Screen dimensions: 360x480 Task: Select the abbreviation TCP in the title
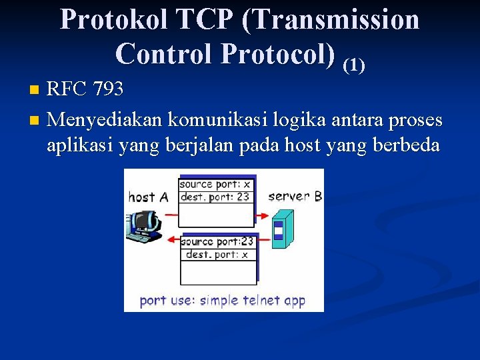coord(203,19)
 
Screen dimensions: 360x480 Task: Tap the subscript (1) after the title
coord(353,64)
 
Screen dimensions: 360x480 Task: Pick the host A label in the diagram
coord(149,197)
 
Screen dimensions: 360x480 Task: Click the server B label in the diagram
coord(295,196)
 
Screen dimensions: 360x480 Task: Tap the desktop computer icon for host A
coord(143,226)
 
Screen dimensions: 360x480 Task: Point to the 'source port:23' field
coord(216,242)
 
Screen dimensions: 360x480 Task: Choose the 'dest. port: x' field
coord(216,254)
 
